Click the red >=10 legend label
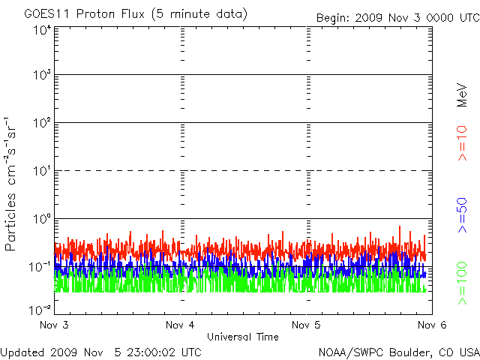[x=463, y=143]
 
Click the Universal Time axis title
[x=243, y=337]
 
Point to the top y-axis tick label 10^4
[x=41, y=30]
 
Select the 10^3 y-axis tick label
[x=41, y=76]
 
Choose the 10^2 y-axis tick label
[x=41, y=124]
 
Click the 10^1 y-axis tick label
[x=41, y=172]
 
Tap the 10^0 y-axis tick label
[x=41, y=220]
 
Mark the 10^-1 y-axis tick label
[x=41, y=266]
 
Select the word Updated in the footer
[x=22, y=352]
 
